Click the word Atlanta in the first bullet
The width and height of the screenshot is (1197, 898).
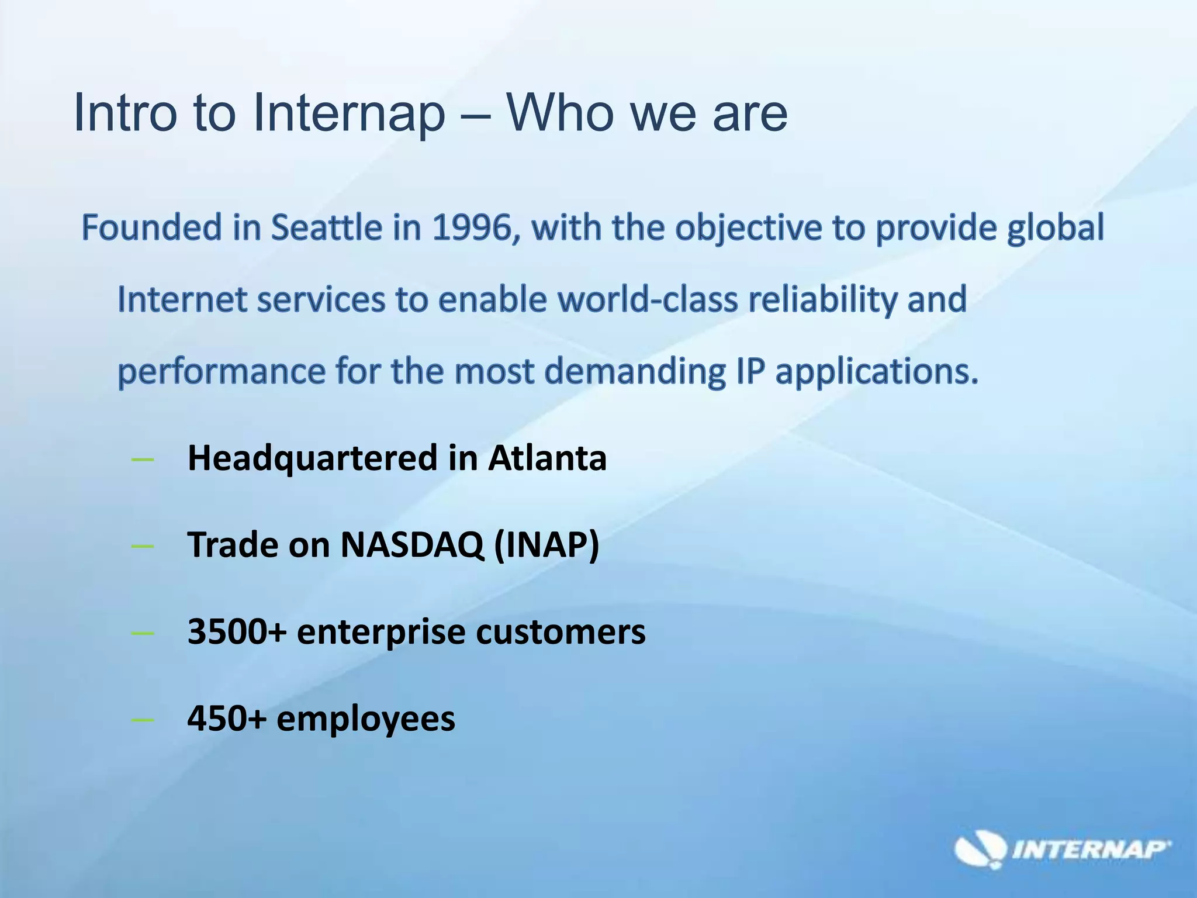tap(548, 458)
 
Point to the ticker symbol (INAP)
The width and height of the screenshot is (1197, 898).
tap(547, 545)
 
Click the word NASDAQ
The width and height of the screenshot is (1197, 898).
tap(412, 545)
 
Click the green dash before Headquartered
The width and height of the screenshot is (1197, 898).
tap(143, 460)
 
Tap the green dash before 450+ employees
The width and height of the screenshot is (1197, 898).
tap(143, 720)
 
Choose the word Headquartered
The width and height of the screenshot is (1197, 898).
tap(312, 458)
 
